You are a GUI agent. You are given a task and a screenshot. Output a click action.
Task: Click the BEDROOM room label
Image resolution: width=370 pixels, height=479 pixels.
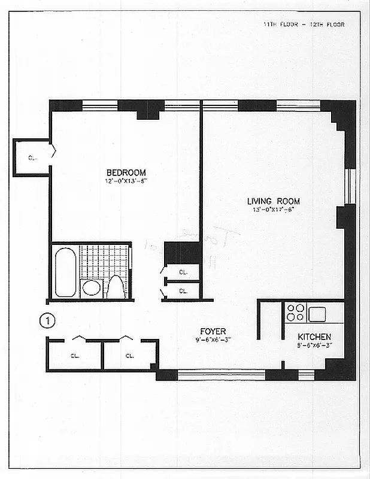click(x=126, y=173)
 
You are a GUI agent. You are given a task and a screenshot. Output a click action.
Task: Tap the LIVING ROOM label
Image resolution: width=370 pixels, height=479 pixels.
click(x=274, y=201)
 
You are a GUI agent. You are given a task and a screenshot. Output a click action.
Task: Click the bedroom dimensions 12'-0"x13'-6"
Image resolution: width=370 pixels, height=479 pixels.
click(x=126, y=181)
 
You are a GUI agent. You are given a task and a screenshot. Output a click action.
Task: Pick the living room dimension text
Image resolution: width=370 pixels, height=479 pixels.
click(x=274, y=210)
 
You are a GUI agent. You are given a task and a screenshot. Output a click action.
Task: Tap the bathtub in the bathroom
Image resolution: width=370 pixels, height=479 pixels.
click(x=65, y=273)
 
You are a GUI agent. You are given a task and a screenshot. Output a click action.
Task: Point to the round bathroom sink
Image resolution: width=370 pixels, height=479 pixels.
click(x=91, y=288)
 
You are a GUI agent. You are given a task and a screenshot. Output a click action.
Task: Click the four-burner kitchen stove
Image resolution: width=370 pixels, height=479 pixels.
click(x=296, y=313)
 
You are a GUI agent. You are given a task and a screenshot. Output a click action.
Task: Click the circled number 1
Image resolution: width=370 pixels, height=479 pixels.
click(x=47, y=321)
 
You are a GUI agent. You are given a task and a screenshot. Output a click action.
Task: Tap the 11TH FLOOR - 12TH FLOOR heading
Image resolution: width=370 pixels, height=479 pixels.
click(x=304, y=25)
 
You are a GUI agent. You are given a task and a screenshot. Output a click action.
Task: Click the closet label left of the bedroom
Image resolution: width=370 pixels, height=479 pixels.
click(x=31, y=158)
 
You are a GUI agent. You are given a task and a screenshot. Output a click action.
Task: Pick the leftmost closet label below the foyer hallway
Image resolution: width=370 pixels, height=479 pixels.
click(x=75, y=356)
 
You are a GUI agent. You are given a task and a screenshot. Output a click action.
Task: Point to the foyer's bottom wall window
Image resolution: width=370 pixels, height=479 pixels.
click(x=221, y=375)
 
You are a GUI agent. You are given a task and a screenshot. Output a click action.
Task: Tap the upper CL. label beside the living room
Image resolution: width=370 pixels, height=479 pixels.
click(x=183, y=272)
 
